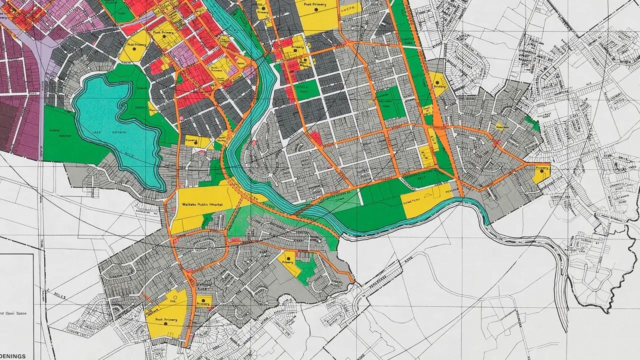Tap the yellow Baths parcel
(x=239, y=64)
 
